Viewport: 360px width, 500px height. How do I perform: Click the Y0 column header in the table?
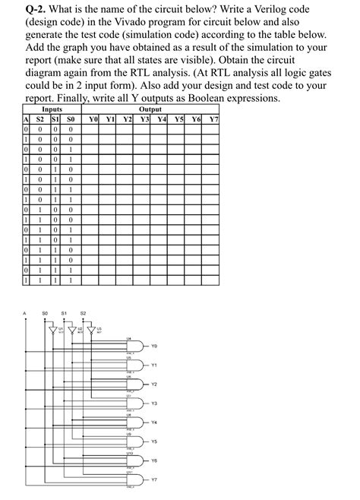93,120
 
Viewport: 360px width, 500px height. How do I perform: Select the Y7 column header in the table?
214,120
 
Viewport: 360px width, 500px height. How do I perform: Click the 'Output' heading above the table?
150,110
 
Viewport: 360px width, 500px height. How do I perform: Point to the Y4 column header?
162,120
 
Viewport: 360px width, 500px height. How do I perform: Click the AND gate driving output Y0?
131,345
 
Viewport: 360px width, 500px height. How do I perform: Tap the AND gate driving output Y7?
131,479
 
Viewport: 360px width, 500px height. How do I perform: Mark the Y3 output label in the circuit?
153,403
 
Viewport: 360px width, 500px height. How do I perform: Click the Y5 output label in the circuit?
153,441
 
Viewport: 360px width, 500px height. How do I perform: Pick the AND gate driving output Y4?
131,422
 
